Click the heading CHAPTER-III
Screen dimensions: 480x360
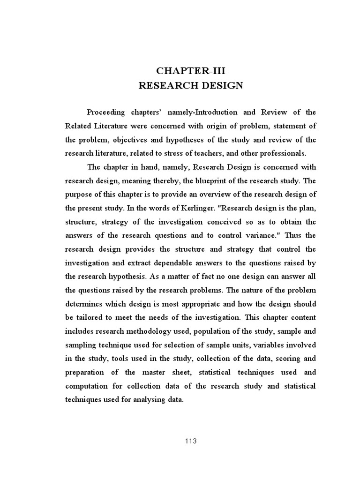[x=194, y=71]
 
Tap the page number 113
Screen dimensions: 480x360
[x=191, y=441]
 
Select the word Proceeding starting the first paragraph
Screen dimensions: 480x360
[x=106, y=112]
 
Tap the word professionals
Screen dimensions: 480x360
[x=284, y=153]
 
